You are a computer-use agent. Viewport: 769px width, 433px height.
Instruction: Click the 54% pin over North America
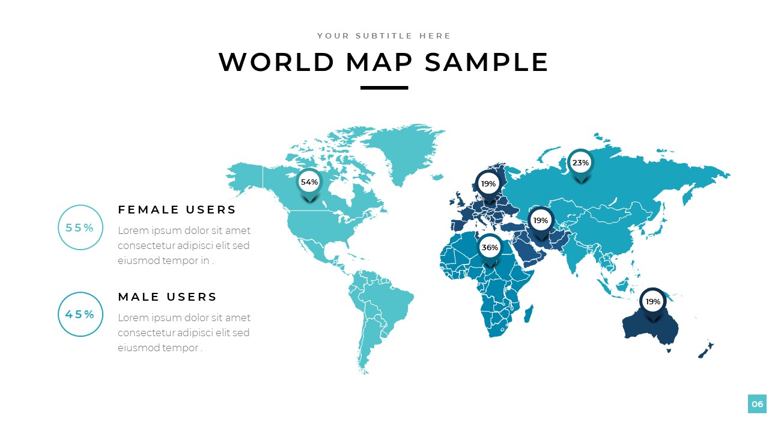[x=309, y=182]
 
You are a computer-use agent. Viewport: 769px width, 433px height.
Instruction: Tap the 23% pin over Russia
[x=580, y=163]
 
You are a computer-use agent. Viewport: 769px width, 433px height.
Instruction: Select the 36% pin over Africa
[x=490, y=248]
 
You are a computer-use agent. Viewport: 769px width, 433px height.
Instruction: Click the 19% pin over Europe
[x=488, y=184]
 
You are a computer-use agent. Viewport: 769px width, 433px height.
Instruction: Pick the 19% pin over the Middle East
[x=541, y=221]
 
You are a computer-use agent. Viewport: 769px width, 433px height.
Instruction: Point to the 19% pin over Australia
[x=652, y=301]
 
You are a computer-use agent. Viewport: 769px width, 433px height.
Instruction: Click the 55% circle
[x=80, y=228]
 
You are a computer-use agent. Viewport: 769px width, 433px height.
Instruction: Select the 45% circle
[x=80, y=315]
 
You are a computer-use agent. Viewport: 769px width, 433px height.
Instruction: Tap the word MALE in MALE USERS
[x=138, y=297]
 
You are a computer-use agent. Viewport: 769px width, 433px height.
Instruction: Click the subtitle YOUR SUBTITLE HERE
[x=384, y=36]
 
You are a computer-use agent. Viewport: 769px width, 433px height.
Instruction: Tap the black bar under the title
[x=384, y=88]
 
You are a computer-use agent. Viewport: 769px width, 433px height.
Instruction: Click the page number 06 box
[x=757, y=404]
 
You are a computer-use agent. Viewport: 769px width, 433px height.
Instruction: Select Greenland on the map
[x=403, y=150]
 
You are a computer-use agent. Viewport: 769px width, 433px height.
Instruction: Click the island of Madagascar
[x=529, y=313]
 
